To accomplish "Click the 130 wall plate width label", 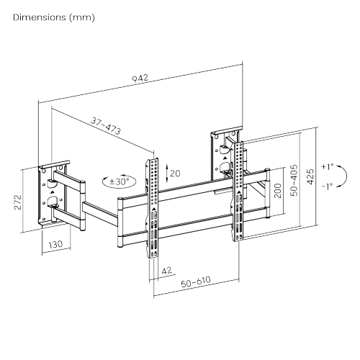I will click(55, 246).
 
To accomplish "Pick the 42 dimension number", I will click(166, 271).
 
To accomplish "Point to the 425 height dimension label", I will click(310, 176).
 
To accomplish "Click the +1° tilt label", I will click(328, 166).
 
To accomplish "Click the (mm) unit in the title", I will click(84, 17).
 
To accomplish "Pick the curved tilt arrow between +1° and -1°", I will click(345, 176).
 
